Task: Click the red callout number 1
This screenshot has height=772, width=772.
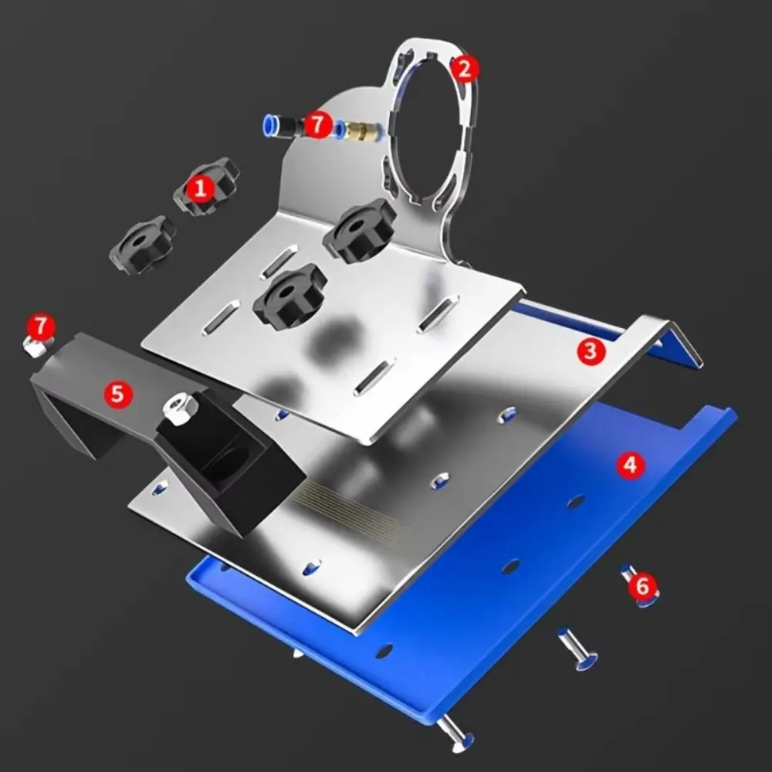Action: click(201, 188)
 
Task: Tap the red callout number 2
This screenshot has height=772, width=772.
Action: click(463, 69)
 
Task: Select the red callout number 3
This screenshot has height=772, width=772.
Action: click(590, 351)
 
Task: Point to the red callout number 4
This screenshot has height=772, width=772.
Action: click(631, 465)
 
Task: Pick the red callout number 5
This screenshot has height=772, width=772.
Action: click(117, 394)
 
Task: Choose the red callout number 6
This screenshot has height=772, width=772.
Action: click(642, 587)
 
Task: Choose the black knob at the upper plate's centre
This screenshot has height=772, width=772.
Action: click(289, 296)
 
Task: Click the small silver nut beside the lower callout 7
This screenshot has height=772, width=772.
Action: click(33, 347)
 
